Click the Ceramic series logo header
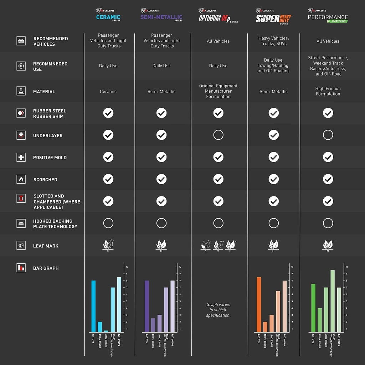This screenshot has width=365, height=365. (108, 16)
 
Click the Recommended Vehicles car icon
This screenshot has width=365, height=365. (21, 41)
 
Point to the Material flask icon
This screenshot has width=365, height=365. (21, 91)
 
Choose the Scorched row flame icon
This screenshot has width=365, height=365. (21, 179)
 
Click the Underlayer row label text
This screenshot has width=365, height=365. (48, 135)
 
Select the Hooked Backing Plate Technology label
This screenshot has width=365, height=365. (55, 224)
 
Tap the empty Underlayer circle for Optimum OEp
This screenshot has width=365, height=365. (218, 135)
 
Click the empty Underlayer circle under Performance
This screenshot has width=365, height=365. (328, 135)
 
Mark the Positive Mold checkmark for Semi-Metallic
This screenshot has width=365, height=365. (161, 157)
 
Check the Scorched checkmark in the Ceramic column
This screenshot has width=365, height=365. (108, 179)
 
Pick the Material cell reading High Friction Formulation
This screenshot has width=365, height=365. (328, 91)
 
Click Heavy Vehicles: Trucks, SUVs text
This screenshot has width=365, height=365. (274, 41)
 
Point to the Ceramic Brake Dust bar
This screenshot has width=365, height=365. (106, 331)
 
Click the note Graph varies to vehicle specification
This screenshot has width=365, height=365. (218, 310)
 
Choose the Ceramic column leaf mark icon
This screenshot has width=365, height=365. (108, 245)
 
